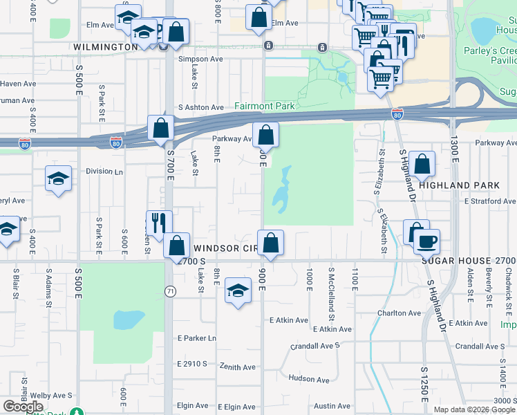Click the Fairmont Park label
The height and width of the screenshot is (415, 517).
265,106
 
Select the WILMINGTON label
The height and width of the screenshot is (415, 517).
105,47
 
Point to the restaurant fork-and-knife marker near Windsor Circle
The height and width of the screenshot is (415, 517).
158,222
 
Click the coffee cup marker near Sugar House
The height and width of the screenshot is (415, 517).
427,241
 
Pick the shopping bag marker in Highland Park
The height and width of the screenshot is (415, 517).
422,164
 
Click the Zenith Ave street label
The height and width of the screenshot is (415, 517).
238,367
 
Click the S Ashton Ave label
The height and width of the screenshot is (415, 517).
201,107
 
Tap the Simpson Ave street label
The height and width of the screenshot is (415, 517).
200,59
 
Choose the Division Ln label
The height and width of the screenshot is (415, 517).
104,171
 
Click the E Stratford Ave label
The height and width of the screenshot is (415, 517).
490,201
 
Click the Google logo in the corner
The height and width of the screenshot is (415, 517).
22,407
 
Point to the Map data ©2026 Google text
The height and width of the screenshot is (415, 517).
474,409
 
